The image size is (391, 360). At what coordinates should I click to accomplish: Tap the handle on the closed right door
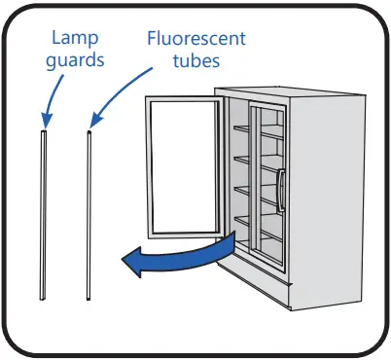coord(280,189)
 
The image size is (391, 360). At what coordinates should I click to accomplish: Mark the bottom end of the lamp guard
coord(42,295)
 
